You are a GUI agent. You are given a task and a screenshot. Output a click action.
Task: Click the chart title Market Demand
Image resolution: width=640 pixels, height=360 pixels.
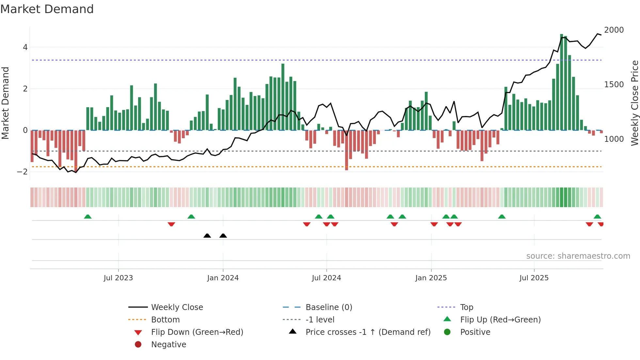47,9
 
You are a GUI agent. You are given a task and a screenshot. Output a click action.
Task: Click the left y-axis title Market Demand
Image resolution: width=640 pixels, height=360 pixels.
6,103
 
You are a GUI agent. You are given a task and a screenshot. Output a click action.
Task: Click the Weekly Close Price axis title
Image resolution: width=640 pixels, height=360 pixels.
634,103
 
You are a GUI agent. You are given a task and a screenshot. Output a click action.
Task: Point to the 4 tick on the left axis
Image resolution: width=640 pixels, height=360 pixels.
25,47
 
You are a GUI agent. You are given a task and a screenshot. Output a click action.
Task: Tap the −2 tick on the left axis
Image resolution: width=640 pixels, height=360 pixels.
23,172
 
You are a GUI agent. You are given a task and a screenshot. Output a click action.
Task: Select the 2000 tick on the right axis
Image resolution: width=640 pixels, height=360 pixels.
614,30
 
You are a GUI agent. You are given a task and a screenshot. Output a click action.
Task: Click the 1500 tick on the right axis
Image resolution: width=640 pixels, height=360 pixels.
614,85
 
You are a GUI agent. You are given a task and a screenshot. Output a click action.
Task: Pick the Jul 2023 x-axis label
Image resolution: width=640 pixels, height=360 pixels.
118,278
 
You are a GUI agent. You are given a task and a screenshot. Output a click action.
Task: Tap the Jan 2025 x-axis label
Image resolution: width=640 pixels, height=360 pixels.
431,278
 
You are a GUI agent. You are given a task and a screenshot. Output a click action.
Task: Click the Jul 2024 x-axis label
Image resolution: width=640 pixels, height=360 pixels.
326,278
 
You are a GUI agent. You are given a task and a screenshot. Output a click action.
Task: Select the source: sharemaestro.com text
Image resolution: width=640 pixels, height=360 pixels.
578,256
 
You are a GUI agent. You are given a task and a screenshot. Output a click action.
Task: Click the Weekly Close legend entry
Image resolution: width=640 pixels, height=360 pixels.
177,307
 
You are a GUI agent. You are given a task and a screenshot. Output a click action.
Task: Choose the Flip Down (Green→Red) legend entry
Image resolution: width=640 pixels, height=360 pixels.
197,332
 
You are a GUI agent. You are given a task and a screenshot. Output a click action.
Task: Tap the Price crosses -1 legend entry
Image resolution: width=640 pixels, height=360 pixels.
368,332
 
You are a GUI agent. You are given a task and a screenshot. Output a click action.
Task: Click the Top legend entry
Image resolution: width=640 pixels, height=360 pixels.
466,307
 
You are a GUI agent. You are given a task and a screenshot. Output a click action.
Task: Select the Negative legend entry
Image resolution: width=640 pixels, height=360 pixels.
168,345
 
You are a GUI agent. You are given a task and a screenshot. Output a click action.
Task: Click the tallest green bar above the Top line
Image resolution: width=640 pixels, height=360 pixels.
561,82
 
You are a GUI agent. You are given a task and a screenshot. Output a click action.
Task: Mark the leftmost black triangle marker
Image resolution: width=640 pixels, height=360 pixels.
207,236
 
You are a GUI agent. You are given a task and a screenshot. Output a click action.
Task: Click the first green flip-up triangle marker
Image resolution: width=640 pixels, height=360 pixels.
88,217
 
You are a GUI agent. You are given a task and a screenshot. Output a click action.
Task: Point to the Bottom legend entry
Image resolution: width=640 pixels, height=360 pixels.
165,320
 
